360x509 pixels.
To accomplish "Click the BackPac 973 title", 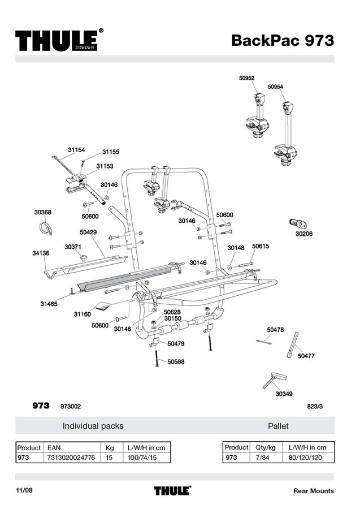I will [x=282, y=41].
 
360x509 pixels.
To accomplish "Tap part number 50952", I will [x=246, y=79].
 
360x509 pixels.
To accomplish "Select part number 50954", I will [x=275, y=87].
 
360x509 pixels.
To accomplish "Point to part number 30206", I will [x=304, y=233].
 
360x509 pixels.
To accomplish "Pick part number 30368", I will [x=42, y=212].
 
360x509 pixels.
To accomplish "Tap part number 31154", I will [x=76, y=150].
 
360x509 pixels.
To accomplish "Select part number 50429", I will [x=88, y=232].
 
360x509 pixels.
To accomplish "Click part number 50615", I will [x=260, y=247].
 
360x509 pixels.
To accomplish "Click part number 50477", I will [x=306, y=356].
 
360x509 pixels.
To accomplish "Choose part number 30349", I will [x=284, y=394].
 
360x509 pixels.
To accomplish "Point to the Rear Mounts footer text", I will [x=313, y=491].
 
